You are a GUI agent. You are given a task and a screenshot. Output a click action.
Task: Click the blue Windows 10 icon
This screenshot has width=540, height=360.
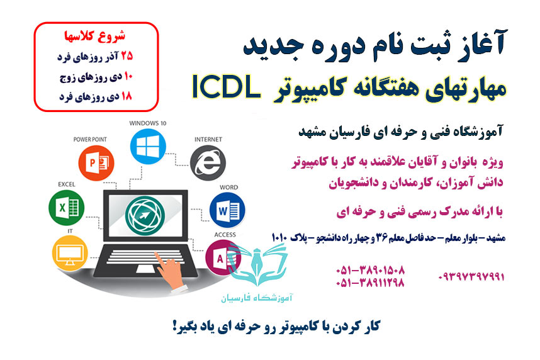click(147, 147)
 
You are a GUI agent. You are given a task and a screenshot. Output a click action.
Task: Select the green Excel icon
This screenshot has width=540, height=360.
click(65, 208)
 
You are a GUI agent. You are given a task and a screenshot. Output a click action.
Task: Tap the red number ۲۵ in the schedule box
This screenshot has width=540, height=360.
click(126, 55)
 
